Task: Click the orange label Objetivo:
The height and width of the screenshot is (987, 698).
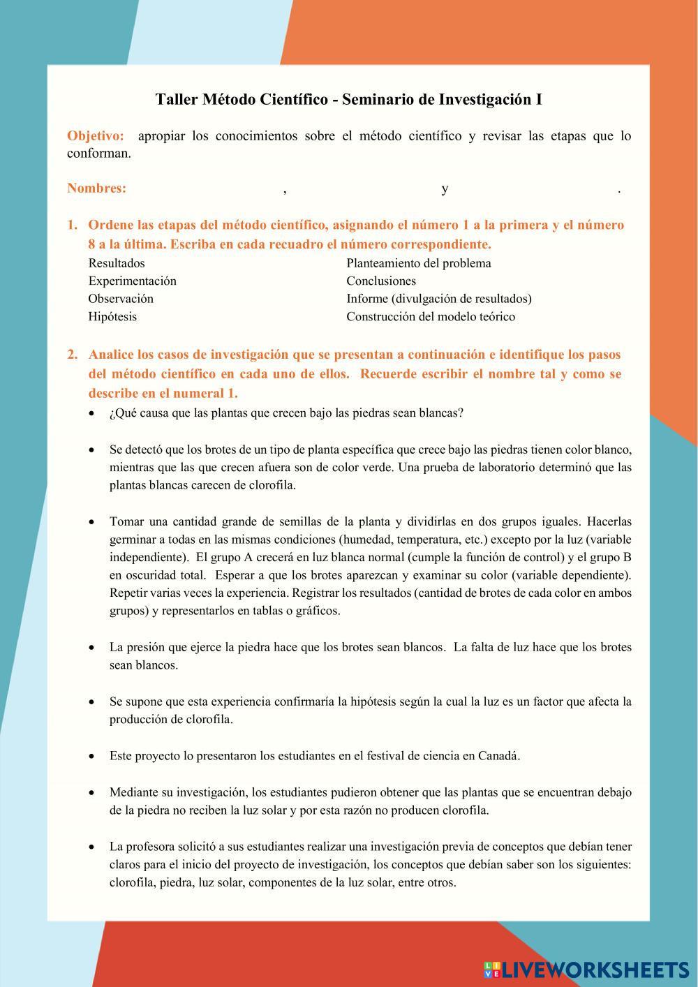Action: coord(96,135)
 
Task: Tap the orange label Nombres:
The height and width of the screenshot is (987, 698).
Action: coord(96,188)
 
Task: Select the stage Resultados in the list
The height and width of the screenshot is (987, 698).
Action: coord(117,263)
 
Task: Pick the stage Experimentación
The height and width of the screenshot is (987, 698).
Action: coord(132,281)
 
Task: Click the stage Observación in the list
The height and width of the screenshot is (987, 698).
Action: coord(121,299)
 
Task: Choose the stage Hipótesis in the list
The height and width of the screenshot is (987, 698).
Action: coord(112,317)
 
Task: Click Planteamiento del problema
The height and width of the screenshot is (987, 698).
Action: coord(419,263)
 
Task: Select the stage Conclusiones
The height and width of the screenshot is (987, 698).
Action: coord(381,281)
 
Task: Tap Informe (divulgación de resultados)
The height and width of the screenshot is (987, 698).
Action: coord(439,299)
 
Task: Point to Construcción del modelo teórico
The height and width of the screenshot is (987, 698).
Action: coord(431,317)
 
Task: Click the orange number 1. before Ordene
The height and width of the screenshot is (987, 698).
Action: coord(72,225)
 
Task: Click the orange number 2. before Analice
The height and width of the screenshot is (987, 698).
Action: coord(72,355)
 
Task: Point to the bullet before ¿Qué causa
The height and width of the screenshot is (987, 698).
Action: coord(92,413)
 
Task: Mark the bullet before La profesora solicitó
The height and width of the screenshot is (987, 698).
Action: coord(92,847)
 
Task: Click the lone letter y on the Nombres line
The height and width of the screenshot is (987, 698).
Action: coord(445,188)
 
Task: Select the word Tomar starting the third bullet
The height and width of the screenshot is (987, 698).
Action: coord(126,521)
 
